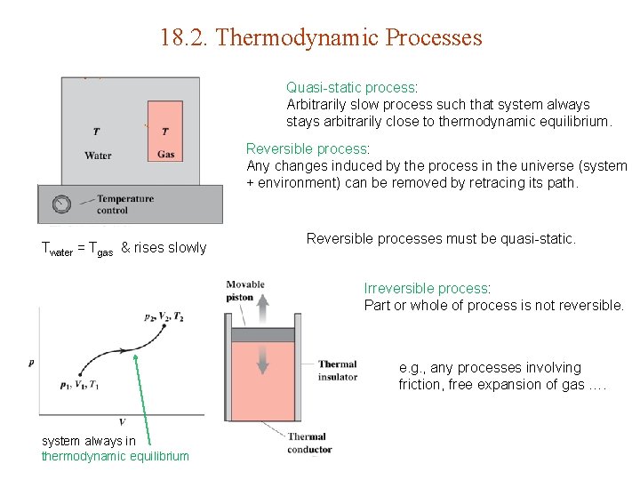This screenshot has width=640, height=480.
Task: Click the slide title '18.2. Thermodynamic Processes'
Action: (321, 38)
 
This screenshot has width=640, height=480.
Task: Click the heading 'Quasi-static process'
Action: (351, 87)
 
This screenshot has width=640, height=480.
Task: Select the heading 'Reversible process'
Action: (307, 148)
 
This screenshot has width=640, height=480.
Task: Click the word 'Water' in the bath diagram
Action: (98, 156)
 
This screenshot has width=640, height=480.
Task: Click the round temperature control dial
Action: (61, 204)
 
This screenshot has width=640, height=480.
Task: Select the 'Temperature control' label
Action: (124, 204)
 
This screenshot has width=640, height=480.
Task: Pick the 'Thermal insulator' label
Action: (338, 370)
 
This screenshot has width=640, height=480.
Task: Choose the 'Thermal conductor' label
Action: (307, 442)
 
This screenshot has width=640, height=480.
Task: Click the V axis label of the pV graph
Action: (122, 421)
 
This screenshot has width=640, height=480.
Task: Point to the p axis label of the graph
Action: (32, 362)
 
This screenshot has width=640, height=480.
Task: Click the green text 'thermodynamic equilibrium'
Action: (115, 456)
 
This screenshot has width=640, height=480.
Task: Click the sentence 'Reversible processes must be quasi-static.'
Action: (441, 238)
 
